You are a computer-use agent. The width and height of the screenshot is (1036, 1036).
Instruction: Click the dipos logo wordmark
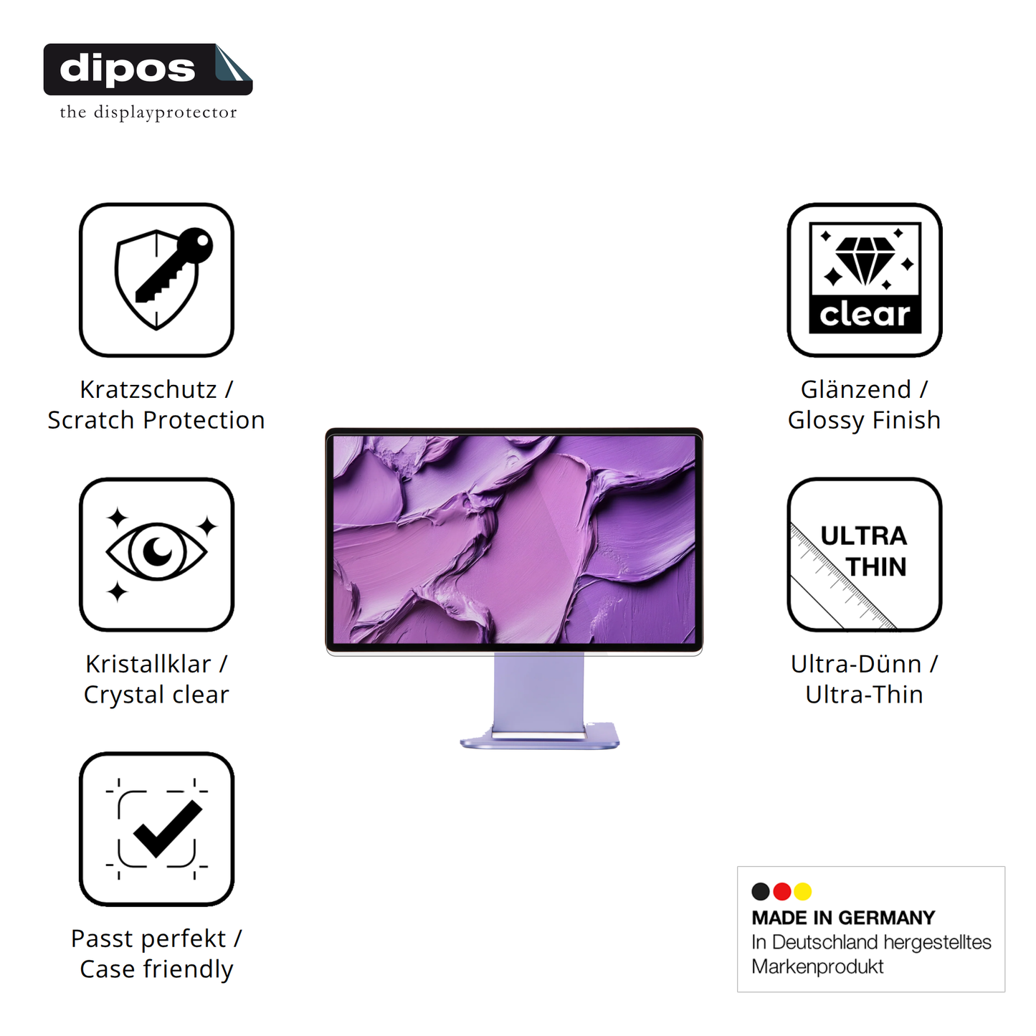(128, 69)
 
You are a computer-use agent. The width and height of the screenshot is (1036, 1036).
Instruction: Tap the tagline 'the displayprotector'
(148, 112)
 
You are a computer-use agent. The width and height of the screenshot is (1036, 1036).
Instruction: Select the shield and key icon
(156, 280)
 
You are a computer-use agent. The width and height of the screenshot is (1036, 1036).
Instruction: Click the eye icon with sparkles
(156, 553)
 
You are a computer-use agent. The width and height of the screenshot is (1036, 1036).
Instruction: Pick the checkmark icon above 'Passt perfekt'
(156, 829)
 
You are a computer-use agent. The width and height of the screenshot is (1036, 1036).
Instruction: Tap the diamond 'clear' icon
(865, 280)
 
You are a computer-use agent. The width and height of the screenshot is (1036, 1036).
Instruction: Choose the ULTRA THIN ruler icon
(865, 553)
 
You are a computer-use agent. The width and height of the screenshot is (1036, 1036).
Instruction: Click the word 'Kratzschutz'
(148, 389)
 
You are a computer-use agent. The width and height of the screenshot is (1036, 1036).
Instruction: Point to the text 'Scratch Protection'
(156, 420)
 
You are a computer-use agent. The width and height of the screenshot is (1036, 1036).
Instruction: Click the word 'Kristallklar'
(148, 664)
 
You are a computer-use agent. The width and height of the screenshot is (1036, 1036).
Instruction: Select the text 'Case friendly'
(156, 969)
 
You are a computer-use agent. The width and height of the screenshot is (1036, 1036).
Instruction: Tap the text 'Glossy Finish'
(864, 420)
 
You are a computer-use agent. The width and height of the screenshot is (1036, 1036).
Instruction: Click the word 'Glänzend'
(855, 389)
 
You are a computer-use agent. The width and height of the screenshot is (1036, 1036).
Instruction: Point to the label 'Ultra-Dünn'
(855, 664)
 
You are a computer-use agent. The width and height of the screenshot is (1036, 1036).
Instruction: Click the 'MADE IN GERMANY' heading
(843, 918)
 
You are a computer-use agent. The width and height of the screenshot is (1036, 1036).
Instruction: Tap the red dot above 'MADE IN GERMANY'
(782, 891)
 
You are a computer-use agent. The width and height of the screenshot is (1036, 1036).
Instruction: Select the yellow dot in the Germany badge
(803, 891)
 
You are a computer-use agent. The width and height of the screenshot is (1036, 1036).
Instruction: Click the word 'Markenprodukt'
(817, 966)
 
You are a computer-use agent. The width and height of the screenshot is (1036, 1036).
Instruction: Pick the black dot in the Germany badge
(761, 891)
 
